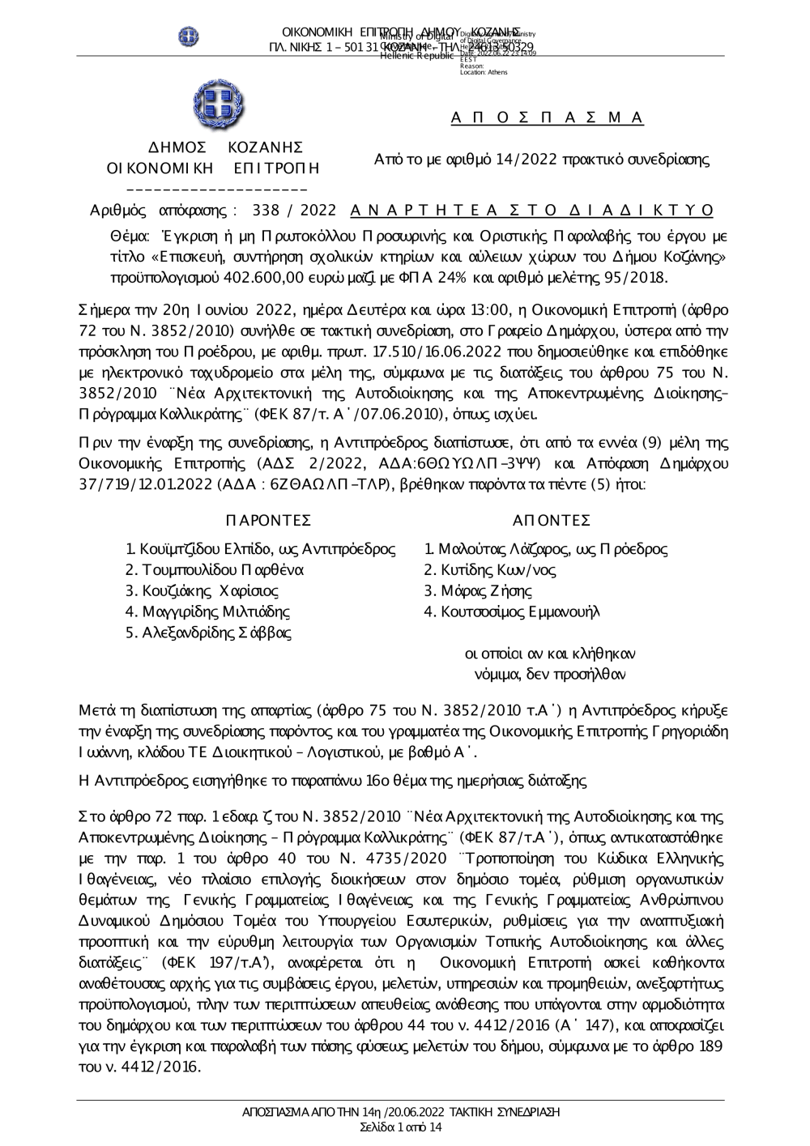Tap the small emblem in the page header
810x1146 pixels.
point(190,36)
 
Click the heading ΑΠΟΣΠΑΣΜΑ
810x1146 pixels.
point(547,118)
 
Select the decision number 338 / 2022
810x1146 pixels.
point(294,211)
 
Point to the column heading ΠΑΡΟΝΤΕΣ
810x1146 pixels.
point(268,520)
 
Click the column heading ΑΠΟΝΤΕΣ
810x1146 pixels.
point(552,520)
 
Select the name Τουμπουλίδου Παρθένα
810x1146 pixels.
point(215,570)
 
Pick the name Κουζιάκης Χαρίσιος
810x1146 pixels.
point(202,591)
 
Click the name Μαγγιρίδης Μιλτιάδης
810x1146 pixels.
point(207,612)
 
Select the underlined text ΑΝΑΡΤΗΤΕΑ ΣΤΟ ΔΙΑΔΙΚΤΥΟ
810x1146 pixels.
point(532,211)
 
